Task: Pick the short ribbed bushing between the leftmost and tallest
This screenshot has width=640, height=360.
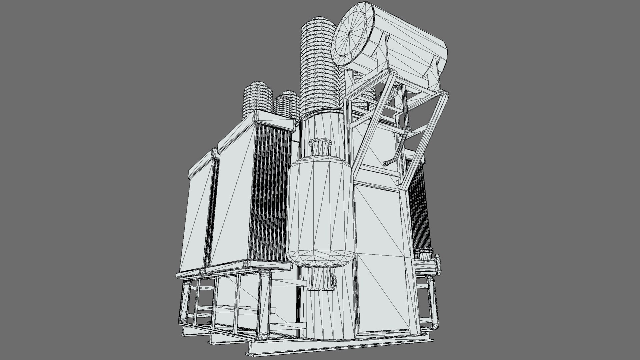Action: [x=285, y=103]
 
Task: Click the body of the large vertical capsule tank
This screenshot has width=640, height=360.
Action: [x=320, y=207]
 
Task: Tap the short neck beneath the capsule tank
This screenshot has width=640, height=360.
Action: [x=318, y=279]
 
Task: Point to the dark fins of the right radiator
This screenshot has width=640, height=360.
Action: [x=418, y=207]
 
